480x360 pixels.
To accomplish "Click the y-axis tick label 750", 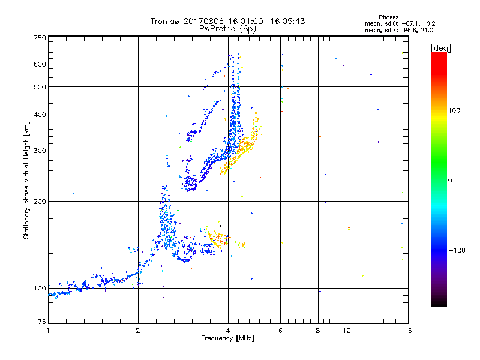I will click(x=40, y=38).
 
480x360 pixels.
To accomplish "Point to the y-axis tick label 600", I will click(x=40, y=64).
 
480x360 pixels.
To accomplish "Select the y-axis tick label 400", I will click(x=40, y=115).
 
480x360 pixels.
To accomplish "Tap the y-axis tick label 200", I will click(x=40, y=201).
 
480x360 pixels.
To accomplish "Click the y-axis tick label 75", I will click(x=41, y=323).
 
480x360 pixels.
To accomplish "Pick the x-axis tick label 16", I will click(x=407, y=331).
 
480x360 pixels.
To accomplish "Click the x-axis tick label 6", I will click(x=281, y=331).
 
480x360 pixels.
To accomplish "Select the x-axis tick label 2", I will click(x=138, y=331).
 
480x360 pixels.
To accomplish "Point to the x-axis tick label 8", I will click(x=318, y=331).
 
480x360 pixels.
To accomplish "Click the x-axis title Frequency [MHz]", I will click(x=227, y=338).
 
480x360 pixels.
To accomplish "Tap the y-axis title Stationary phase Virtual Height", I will click(x=26, y=180).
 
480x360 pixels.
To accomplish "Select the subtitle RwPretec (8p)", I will click(x=227, y=28).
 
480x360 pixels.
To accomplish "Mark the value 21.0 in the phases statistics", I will click(x=426, y=29).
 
